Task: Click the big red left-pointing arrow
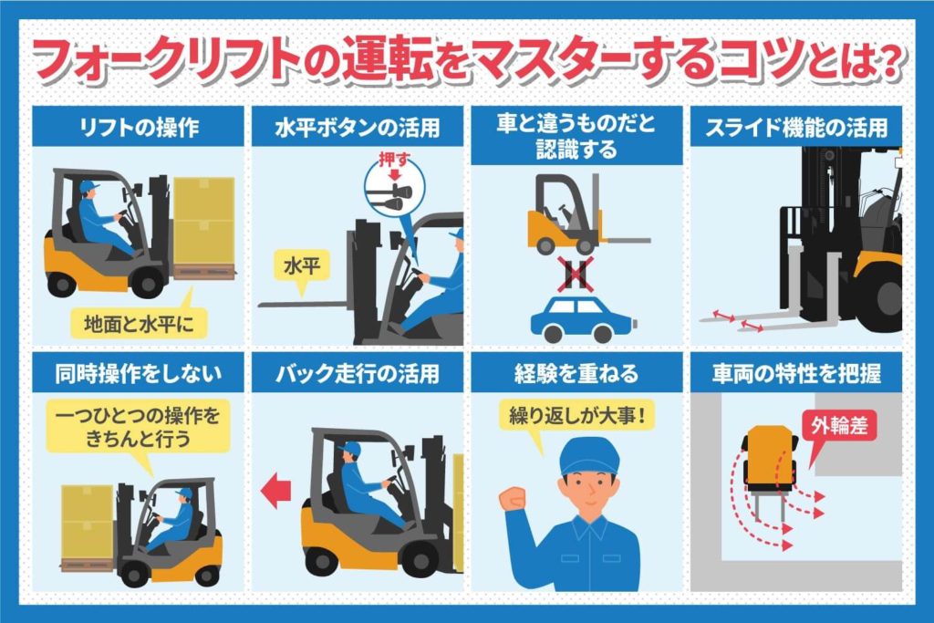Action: click(x=275, y=492)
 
